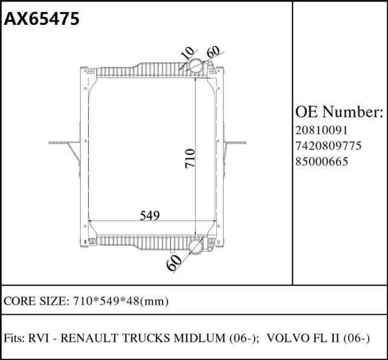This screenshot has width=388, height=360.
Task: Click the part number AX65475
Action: pyautogui.click(x=42, y=19)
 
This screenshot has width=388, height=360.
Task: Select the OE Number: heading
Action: pyautogui.click(x=339, y=112)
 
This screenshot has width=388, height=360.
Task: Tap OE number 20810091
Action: pyautogui.click(x=322, y=130)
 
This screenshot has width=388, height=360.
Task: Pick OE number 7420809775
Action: pyautogui.click(x=329, y=146)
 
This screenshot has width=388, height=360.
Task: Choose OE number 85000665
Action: pyautogui.click(x=322, y=162)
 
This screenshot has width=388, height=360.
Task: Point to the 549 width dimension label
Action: pyautogui.click(x=150, y=215)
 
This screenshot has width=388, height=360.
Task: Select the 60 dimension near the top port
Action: pyautogui.click(x=213, y=51)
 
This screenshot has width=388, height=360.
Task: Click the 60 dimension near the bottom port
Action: pyautogui.click(x=174, y=263)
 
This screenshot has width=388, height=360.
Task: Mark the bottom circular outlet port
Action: pyautogui.click(x=196, y=246)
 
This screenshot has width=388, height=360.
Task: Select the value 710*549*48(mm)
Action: pyautogui.click(x=120, y=301)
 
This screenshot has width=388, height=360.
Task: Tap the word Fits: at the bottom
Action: pyautogui.click(x=14, y=338)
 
